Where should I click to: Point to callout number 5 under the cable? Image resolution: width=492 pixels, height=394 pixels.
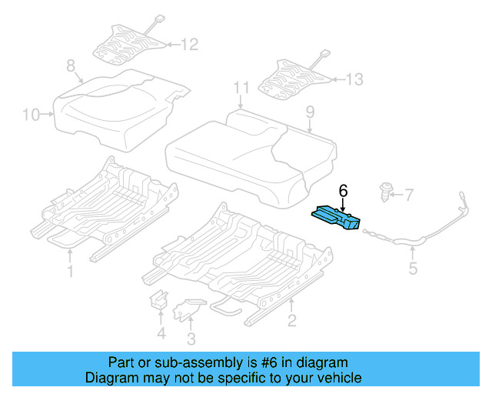(x=413, y=269)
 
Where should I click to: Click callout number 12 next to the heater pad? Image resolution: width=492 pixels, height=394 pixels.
(x=189, y=45)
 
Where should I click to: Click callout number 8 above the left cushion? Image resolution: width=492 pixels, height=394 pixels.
(x=71, y=67)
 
